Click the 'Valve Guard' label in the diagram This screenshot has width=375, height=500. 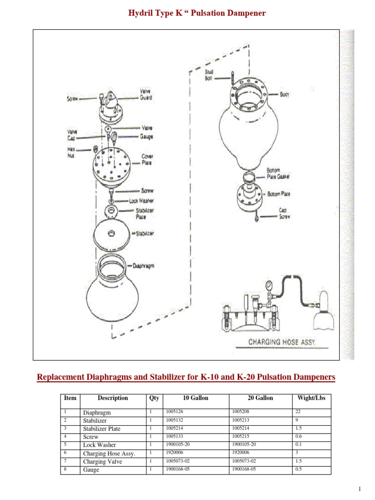[x=146, y=94]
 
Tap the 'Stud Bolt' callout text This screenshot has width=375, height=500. [x=208, y=75]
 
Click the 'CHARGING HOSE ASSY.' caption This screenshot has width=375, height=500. [x=282, y=342]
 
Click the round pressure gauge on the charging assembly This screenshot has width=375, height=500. [x=268, y=285]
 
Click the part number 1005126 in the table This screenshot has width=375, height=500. [x=175, y=412]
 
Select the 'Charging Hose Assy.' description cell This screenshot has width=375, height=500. [x=109, y=453]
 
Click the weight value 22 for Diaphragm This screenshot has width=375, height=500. [x=298, y=412]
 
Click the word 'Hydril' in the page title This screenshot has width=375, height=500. [x=140, y=13]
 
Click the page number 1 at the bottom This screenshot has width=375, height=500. [x=360, y=489]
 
